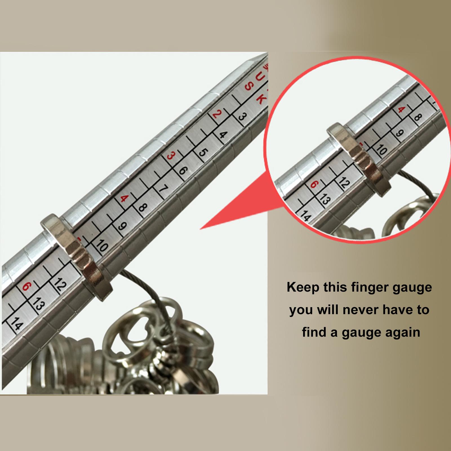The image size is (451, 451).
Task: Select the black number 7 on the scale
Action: (x=163, y=189)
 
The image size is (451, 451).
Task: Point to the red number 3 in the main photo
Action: (x=171, y=156)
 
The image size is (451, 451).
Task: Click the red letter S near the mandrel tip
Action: (x=249, y=86)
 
